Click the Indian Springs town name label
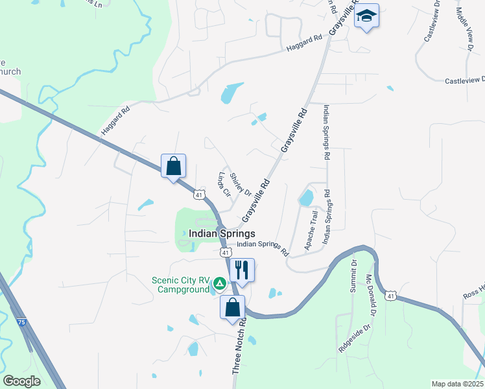pos(222,233)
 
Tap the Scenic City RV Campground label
pos(181,285)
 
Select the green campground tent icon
pos(220,283)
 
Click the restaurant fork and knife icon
pos(242,268)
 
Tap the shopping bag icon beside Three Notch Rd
pos(233,307)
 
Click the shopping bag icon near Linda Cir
pos(173,166)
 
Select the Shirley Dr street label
pos(240,183)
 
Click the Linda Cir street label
pos(224,184)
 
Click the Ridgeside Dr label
pos(354,338)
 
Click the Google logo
pos(21,381)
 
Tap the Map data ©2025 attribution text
pos(457,384)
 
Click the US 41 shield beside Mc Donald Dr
pos(390,296)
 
